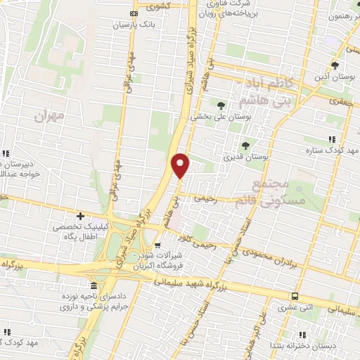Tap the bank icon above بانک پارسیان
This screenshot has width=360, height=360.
pyautogui.click(x=134, y=14)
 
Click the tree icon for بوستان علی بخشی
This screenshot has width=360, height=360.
pyautogui.click(x=221, y=105)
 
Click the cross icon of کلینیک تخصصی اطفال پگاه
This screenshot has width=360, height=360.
pyautogui.click(x=81, y=216)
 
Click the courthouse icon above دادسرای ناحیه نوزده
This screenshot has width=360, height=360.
pyautogui.click(x=95, y=285)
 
